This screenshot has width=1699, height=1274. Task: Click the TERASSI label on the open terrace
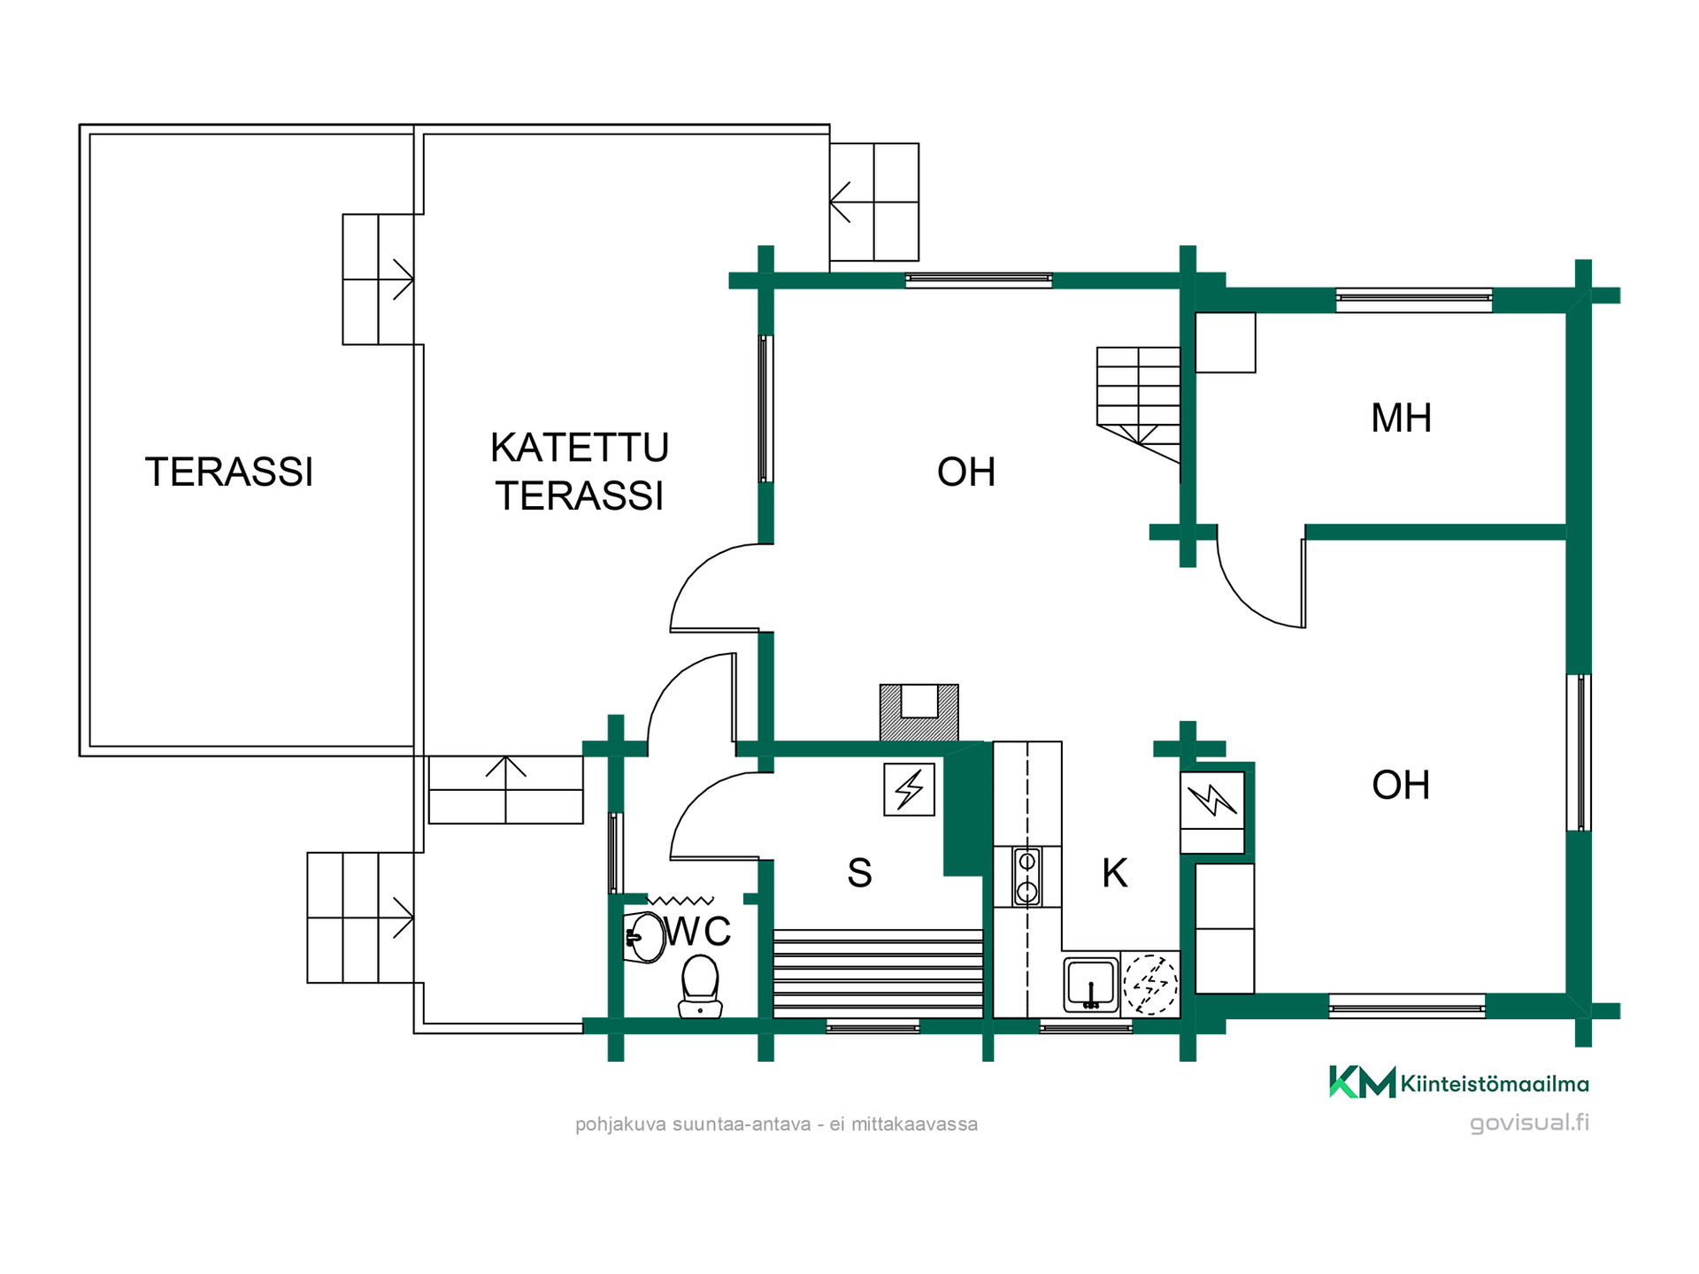pos(229,472)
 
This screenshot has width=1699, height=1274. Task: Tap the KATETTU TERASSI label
pos(580,472)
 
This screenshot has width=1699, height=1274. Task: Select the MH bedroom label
pos(1401,418)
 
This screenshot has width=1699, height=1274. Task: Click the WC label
pos(698,931)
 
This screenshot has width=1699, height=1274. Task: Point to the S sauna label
pos(859,872)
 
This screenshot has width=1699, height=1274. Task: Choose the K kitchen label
pos(1115,872)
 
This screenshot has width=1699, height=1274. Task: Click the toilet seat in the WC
pos(700,986)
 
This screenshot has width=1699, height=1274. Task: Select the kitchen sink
pos(1091,982)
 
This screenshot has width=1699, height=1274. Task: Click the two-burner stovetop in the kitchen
pos(1026,877)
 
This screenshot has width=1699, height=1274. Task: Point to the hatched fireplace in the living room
pos(919,712)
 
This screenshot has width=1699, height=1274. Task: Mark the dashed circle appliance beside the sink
pos(1150,984)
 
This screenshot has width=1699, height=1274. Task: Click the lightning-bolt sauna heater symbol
pos(910,789)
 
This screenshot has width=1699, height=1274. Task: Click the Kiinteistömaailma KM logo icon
pos(1362,1081)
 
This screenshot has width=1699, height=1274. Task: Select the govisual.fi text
pos(1529,1123)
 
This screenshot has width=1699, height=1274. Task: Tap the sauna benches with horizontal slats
pos(878,973)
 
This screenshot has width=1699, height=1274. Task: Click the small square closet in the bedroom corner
pos(1226,342)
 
